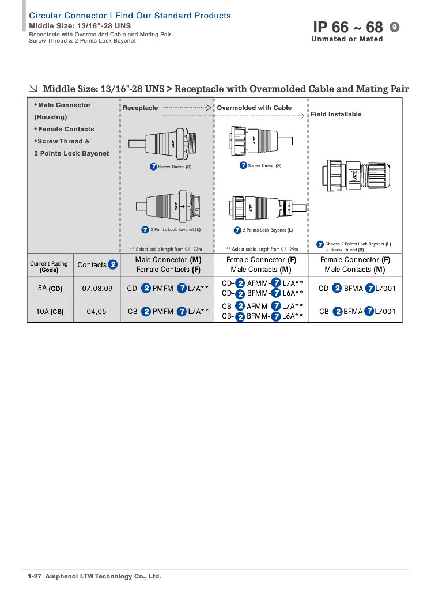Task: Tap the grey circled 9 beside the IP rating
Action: coord(395,27)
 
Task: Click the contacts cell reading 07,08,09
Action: coord(97,288)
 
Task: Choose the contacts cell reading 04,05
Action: coord(97,312)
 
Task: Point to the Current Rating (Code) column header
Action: coord(49,266)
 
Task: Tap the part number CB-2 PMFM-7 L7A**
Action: coord(168,312)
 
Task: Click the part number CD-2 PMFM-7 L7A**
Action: coord(168,288)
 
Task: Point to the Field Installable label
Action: coord(336,114)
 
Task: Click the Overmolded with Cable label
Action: coord(254,108)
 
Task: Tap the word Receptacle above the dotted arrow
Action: coord(140,108)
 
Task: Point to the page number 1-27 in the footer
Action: coord(35,576)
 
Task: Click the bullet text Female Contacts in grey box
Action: coord(66,129)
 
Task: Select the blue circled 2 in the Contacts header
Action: coord(113,264)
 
